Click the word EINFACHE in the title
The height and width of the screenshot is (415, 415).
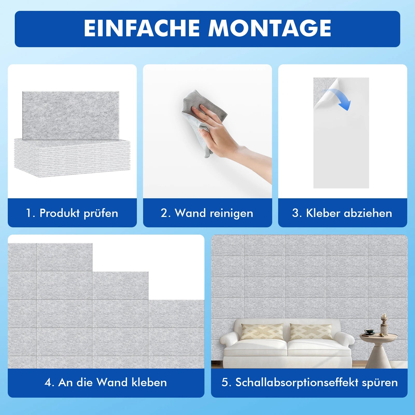142,28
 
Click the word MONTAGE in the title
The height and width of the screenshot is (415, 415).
270,28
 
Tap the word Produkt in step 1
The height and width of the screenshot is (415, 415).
60,213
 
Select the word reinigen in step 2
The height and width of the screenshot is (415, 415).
231,214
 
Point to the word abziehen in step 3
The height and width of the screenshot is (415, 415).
368,213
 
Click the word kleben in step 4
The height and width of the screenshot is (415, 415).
149,382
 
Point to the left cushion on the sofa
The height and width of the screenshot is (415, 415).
262,332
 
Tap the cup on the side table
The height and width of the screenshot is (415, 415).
369,332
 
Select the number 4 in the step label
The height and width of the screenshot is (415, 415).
48,383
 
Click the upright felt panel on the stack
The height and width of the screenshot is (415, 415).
71,116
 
